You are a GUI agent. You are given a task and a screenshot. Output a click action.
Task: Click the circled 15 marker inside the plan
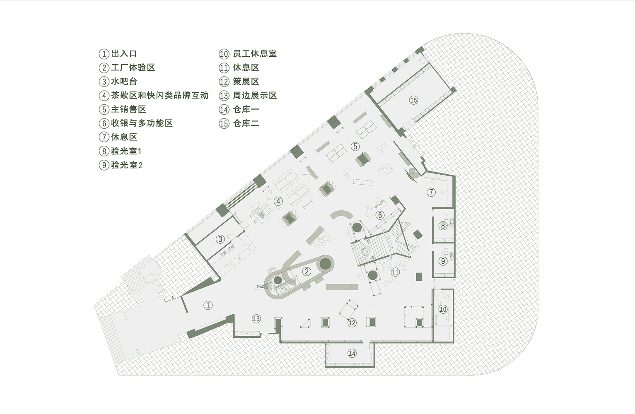[413, 100]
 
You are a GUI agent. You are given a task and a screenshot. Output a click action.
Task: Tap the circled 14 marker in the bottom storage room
[352, 353]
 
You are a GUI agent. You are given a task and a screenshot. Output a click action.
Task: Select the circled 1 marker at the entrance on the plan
[208, 306]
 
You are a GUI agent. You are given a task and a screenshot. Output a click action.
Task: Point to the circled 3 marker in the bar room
[220, 239]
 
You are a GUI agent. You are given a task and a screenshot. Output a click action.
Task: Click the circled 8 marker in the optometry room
[443, 226]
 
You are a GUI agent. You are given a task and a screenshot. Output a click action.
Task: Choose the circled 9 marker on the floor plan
[443, 261]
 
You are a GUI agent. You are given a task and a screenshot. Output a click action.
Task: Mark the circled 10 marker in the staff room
[443, 309]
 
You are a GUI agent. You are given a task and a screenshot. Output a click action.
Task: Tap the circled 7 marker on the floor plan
[432, 192]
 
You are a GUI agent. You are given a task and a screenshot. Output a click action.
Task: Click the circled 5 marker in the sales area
[355, 146]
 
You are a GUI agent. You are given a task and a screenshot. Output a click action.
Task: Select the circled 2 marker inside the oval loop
[307, 272]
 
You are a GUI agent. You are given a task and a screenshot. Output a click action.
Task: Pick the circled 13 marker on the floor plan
[256, 318]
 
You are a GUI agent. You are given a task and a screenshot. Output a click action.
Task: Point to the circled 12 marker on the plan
[352, 323]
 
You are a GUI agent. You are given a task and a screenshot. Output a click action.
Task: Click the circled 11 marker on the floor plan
[395, 272]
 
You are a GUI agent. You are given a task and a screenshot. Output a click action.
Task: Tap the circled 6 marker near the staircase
[380, 215]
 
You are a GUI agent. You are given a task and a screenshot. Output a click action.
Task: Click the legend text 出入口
[124, 54]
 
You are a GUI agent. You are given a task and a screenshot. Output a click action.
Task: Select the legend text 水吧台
[124, 82]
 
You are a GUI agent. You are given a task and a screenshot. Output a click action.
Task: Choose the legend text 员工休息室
[255, 54]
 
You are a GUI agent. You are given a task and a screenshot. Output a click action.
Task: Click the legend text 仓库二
[246, 123]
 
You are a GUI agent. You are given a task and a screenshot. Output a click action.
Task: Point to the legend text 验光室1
[126, 151]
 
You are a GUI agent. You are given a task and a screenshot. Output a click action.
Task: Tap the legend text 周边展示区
[255, 96]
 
